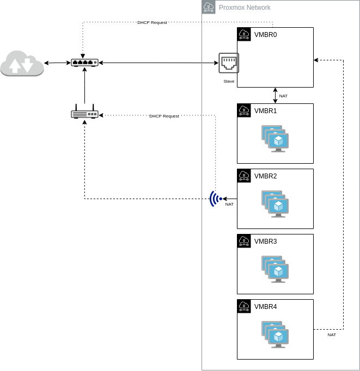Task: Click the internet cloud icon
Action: tap(22, 63)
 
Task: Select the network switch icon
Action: tap(85, 63)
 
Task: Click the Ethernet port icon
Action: tap(229, 63)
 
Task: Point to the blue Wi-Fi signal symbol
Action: tap(216, 199)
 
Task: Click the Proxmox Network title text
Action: tap(245, 8)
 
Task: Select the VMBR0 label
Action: tap(266, 35)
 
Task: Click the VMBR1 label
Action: tap(266, 111)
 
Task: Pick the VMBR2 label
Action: tap(266, 176)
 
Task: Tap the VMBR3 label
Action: tap(266, 242)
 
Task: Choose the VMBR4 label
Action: tap(266, 307)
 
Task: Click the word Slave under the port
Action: tap(229, 81)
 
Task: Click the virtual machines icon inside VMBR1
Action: tap(275, 139)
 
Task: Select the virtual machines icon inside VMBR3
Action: tap(275, 269)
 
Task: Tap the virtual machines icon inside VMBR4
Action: tap(275, 335)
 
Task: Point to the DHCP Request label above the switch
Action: tap(152, 22)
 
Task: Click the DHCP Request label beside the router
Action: tap(164, 116)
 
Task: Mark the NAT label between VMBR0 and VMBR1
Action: tap(283, 96)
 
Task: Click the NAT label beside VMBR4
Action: tap(332, 335)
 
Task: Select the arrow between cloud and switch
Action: tap(58, 63)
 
